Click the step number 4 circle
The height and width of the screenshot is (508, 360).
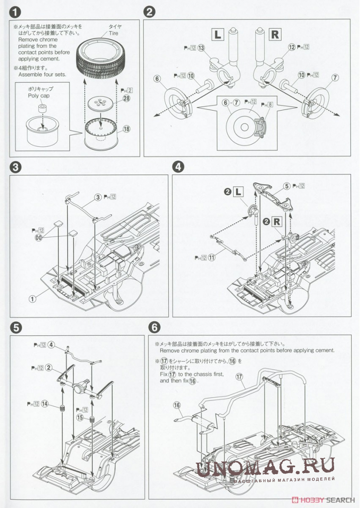(x=179, y=166)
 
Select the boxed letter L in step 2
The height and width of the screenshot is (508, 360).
(x=218, y=34)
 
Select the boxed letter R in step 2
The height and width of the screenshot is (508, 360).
(x=274, y=34)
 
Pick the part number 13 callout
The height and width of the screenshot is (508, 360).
(x=201, y=48)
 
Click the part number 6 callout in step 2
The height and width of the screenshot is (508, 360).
(x=156, y=79)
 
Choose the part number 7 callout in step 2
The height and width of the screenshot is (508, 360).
(x=335, y=77)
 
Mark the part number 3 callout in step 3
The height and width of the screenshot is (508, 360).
(x=99, y=198)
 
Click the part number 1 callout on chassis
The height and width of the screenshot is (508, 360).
(x=33, y=299)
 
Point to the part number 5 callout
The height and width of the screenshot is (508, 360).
(x=286, y=186)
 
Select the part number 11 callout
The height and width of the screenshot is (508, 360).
(x=212, y=257)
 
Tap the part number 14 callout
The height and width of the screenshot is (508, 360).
(x=45, y=403)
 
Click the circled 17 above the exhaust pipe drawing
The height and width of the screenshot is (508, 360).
(x=240, y=377)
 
